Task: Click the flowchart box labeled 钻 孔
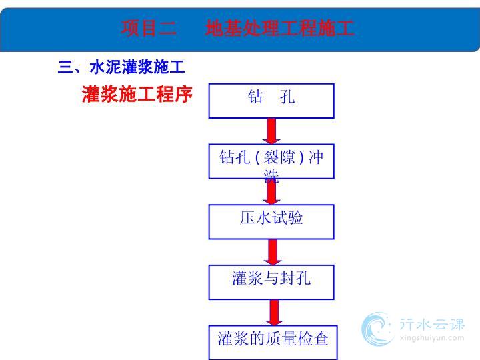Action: coord(271,101)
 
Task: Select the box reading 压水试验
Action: coord(271,221)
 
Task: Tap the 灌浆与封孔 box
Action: coord(271,282)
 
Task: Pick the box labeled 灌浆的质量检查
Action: coord(273,343)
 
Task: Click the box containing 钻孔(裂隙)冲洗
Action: coord(271,161)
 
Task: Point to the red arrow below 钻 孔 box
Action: coord(271,131)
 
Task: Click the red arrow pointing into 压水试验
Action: coord(271,191)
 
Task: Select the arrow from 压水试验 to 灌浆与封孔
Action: coord(273,252)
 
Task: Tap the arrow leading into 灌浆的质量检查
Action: coord(274,313)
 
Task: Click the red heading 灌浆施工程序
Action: coord(137,94)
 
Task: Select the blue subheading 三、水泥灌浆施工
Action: coord(121,67)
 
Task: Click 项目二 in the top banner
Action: coord(149,28)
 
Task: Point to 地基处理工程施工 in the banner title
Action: coord(280,28)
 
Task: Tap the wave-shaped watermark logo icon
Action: coord(377,329)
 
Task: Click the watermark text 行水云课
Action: coord(432,325)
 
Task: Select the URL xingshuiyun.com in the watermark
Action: coord(432,338)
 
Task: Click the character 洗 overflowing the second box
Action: coord(271,176)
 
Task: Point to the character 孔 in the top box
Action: coord(287,97)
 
